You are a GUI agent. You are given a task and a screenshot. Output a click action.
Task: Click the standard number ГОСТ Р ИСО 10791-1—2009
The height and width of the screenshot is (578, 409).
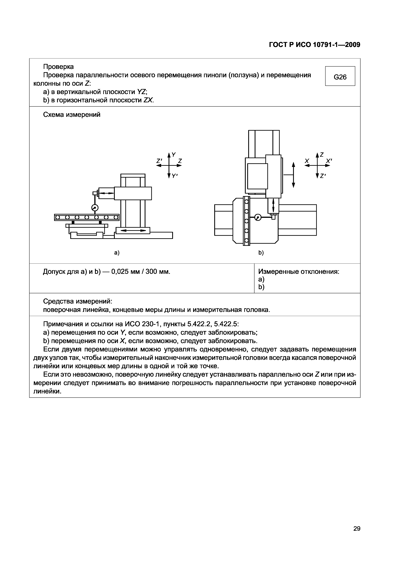[315, 45]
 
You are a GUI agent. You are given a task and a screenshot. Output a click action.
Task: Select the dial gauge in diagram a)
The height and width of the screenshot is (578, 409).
[95, 208]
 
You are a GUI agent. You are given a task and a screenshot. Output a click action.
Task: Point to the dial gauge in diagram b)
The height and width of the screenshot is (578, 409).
[258, 217]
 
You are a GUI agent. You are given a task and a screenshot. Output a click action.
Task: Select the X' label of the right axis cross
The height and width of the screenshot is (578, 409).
[329, 161]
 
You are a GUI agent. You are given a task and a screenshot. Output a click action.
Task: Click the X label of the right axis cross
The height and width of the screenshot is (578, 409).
[307, 161]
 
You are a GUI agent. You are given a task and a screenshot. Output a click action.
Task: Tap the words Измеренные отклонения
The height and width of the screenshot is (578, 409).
[299, 272]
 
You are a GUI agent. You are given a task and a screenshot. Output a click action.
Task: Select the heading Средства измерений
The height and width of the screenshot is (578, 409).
[78, 301]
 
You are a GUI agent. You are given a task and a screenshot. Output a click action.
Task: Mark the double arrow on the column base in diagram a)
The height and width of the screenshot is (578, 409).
[133, 230]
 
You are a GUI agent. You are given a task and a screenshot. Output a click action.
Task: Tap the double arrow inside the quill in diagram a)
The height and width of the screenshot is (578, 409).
[107, 193]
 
